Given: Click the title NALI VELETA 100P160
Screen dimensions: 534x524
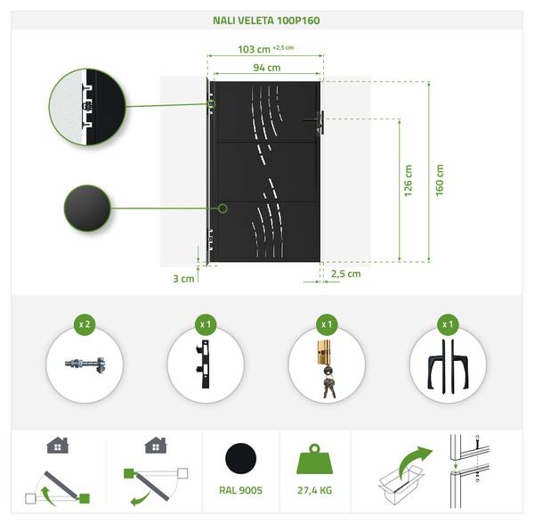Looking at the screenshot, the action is click(266, 20).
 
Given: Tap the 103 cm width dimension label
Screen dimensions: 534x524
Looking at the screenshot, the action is click(254, 49).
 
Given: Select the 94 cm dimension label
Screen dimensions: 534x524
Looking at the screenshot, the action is click(267, 68).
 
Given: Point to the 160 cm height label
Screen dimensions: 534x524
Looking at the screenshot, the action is click(440, 180).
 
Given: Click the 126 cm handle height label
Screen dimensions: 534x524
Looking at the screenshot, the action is click(408, 181).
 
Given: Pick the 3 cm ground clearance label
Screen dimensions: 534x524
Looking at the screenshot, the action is click(183, 279).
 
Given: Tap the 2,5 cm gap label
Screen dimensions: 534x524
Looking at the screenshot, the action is click(346, 274).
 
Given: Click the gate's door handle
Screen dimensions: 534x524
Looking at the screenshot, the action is click(318, 121).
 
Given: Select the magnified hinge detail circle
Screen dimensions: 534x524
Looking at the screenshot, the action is click(87, 106).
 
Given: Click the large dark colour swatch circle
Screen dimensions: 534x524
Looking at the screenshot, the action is click(87, 208).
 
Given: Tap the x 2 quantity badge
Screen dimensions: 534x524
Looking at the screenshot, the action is click(85, 324).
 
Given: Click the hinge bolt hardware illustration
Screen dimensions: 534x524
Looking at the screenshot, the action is click(85, 364).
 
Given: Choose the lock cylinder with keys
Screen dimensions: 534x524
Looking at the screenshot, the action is click(328, 369).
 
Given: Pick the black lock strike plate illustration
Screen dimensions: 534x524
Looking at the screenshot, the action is click(205, 364).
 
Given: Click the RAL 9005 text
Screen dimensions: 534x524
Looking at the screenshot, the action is click(241, 491).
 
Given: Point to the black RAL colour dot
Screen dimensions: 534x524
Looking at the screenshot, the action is click(241, 458).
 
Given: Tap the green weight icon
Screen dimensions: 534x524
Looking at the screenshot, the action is click(315, 459).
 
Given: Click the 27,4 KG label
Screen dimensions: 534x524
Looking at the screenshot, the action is click(315, 491).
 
